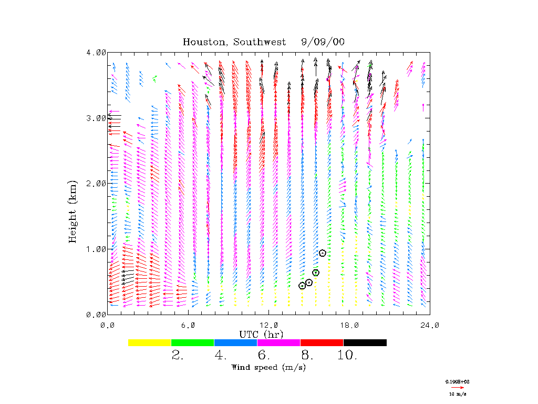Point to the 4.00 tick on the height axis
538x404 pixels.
[x=96, y=53]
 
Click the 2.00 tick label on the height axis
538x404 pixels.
[x=96, y=184]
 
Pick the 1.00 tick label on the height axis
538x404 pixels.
[x=96, y=249]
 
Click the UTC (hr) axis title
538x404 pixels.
[x=262, y=334]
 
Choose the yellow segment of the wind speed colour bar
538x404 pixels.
[x=150, y=342]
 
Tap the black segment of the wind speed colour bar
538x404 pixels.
[x=365, y=342]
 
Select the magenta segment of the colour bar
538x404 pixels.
[x=279, y=342]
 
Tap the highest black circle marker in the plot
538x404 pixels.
[x=323, y=253]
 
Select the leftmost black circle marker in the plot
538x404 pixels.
[x=302, y=286]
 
